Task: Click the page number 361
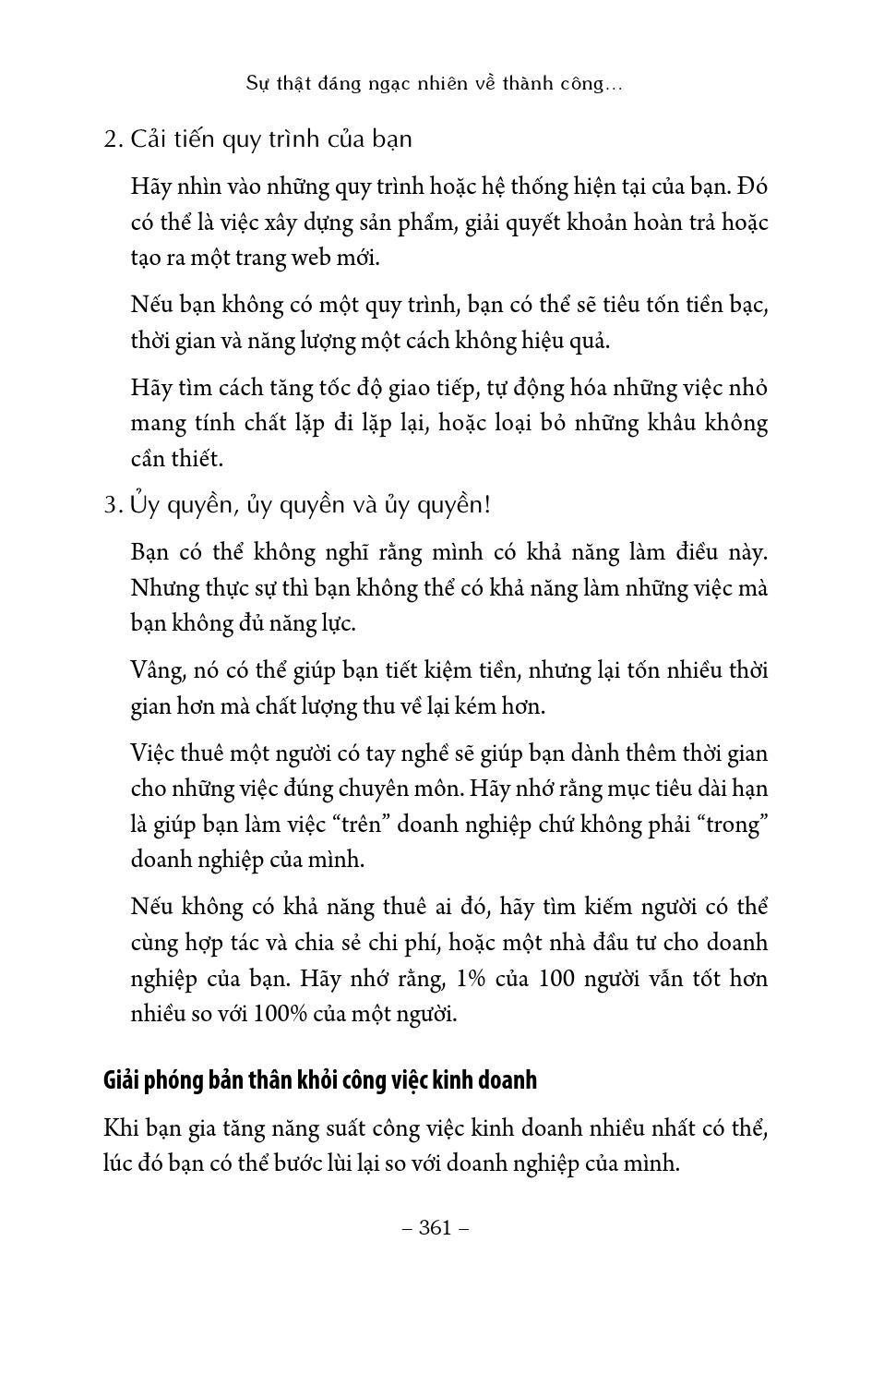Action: click(436, 1227)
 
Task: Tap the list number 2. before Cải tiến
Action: click(113, 139)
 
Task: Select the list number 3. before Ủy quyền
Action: click(113, 505)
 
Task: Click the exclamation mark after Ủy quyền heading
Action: click(485, 505)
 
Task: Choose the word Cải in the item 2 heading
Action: click(149, 139)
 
